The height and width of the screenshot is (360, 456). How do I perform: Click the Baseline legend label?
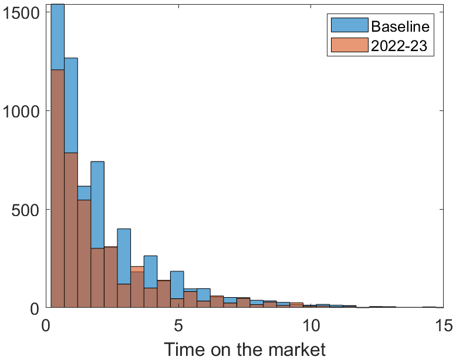point(400,26)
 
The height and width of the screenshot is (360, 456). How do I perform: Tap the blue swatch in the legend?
point(349,26)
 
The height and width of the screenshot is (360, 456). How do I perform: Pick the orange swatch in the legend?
point(349,45)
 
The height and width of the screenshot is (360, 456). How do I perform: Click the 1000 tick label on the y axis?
point(21,110)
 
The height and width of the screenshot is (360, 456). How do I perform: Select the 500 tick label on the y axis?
point(26,210)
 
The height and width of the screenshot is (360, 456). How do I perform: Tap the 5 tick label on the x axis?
point(178,324)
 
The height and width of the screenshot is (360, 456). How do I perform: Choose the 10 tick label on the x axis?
point(310,324)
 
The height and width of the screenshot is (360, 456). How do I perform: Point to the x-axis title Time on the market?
point(244,349)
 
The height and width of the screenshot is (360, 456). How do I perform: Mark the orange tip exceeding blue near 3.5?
point(137,269)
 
